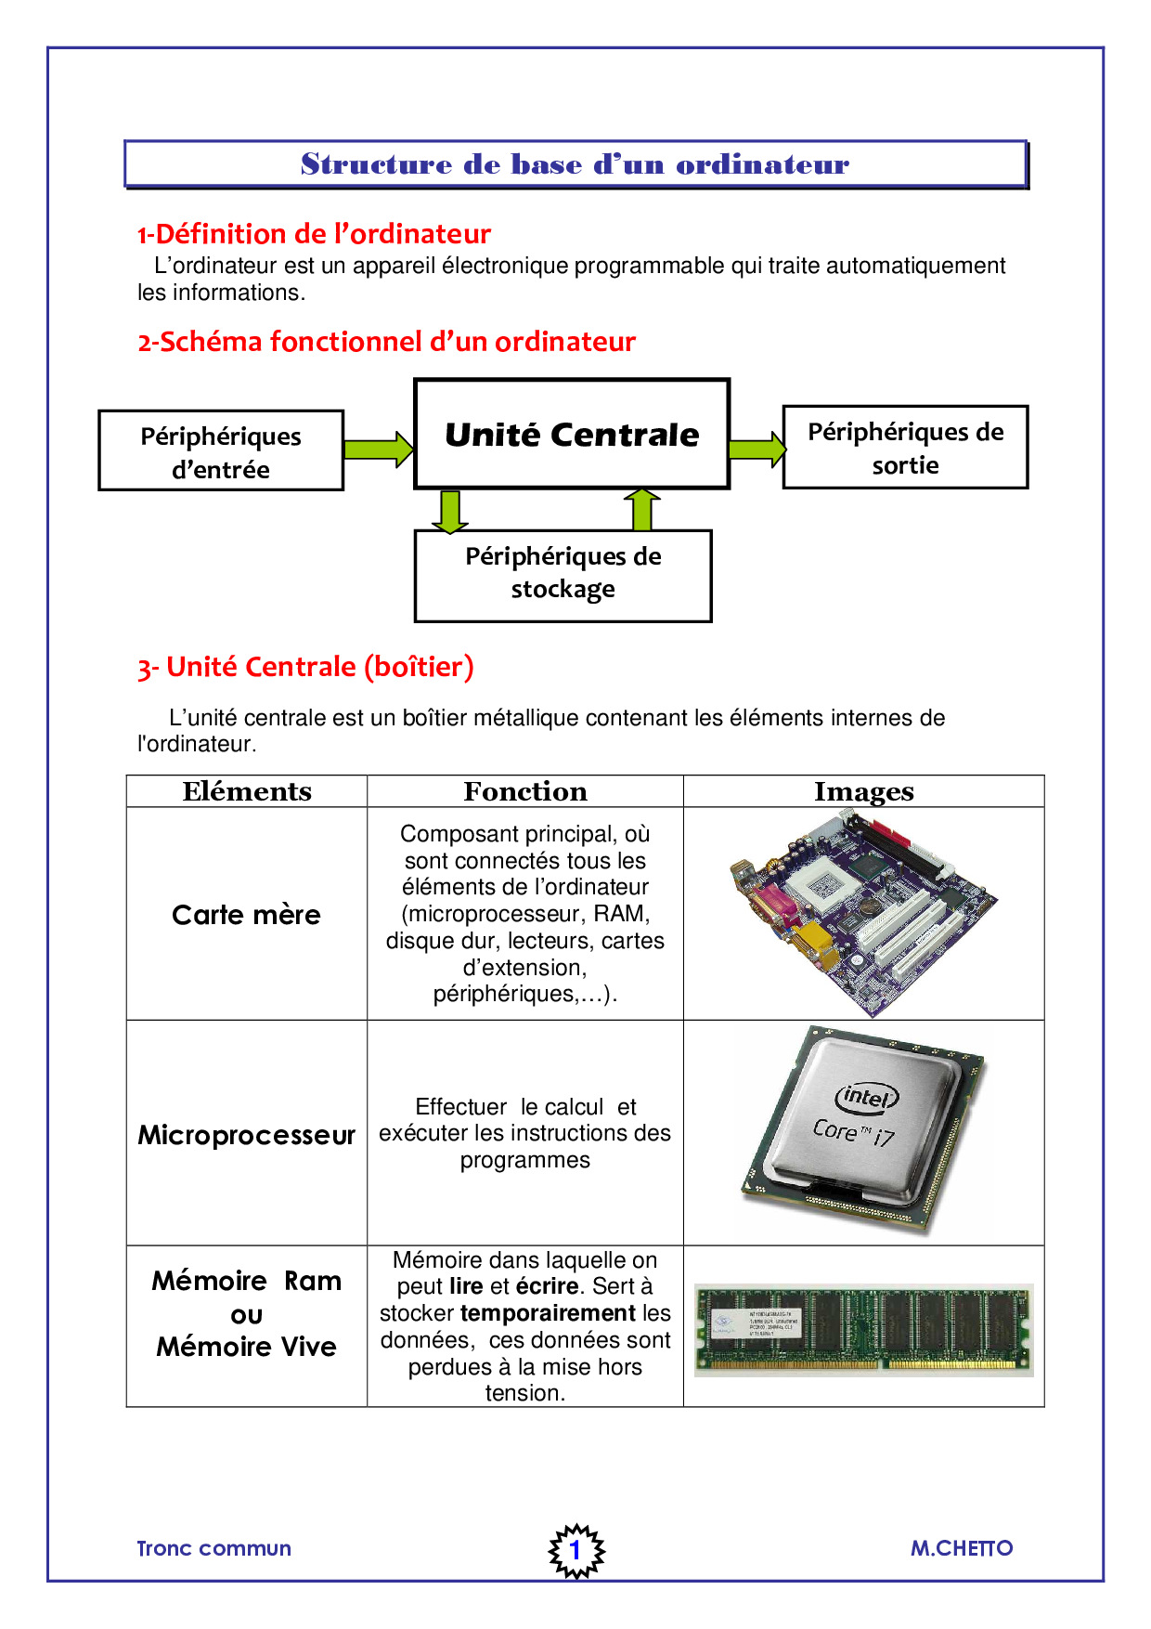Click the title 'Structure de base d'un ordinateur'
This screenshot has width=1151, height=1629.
(575, 164)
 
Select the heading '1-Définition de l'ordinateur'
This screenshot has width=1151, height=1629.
(314, 234)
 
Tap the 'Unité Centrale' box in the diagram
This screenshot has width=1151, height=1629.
(572, 434)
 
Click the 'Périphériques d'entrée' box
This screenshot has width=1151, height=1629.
(221, 451)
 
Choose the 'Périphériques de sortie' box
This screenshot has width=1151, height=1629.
(905, 448)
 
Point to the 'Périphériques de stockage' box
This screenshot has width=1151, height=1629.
(563, 574)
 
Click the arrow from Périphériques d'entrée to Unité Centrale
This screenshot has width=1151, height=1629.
(379, 450)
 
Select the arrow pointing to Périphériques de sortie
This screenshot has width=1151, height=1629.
(757, 450)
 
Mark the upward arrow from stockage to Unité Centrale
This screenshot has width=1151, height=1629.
(641, 509)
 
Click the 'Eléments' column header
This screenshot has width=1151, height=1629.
(247, 791)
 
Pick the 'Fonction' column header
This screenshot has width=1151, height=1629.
(525, 791)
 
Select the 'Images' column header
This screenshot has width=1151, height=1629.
(863, 791)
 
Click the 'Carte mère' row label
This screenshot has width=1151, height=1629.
(246, 915)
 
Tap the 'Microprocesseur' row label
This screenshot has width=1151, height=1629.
(246, 1135)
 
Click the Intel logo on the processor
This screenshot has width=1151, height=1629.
(867, 1098)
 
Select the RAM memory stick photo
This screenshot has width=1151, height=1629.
(863, 1330)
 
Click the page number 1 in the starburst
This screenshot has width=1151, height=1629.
(575, 1549)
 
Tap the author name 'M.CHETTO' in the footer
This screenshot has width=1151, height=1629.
(961, 1548)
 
